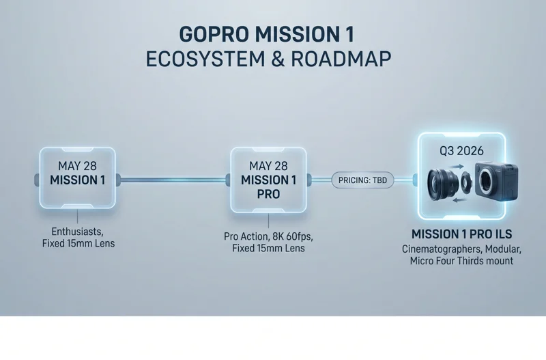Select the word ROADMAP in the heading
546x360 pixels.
[341, 59]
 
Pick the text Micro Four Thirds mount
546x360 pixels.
[461, 261]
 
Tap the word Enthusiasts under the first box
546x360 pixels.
[76, 231]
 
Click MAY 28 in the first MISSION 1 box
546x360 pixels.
[77, 167]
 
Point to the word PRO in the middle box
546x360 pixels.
[269, 193]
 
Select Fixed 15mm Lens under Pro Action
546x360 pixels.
[268, 249]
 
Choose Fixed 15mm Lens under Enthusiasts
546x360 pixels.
[76, 243]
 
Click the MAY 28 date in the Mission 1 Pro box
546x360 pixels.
[269, 166]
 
